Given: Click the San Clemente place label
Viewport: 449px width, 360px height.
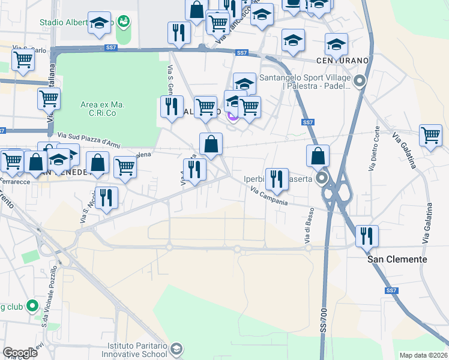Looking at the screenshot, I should coord(397,259).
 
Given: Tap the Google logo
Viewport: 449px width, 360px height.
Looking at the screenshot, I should coord(20,353).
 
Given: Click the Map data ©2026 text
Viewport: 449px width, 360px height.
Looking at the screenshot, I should coord(423,355).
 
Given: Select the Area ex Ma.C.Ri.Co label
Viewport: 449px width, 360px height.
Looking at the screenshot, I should coord(102,108).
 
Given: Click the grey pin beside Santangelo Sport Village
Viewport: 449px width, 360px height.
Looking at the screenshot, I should coord(360,82).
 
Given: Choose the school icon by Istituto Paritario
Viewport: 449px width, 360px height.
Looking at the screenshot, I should coord(176,349).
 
